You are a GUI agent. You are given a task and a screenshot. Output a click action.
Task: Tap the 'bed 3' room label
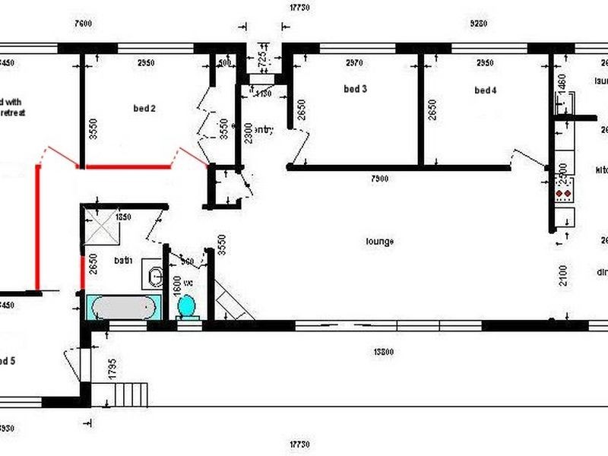355,89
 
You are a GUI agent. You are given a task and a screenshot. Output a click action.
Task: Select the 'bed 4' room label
485,90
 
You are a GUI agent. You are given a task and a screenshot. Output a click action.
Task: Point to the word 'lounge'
379,242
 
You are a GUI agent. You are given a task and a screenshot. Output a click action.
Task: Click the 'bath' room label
123,261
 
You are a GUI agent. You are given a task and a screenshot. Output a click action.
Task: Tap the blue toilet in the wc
187,306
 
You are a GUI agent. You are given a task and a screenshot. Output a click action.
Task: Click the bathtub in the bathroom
123,308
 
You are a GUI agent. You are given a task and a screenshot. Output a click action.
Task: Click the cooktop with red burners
563,195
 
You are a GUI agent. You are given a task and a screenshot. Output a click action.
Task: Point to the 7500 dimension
379,179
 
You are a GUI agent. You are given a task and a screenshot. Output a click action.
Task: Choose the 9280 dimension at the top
478,24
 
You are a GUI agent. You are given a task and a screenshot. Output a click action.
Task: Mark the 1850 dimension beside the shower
123,217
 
